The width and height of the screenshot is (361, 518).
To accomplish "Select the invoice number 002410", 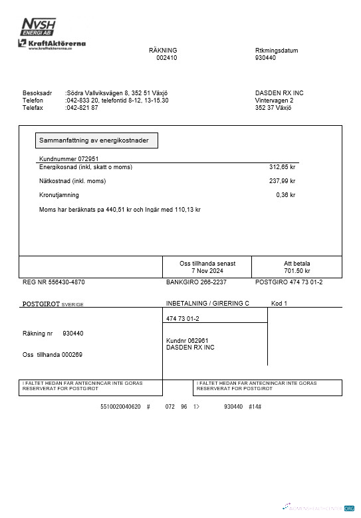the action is click(x=167, y=58).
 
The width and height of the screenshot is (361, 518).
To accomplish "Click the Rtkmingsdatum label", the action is click(x=277, y=51).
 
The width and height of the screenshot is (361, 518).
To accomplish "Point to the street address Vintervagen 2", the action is click(x=275, y=100).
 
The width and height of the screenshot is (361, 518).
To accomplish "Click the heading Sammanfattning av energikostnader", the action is click(x=96, y=140).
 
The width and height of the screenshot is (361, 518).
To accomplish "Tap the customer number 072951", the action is click(x=88, y=158).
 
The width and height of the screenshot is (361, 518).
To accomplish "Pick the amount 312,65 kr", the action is click(x=282, y=167).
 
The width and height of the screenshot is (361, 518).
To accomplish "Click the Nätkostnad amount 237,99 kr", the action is click(x=282, y=180).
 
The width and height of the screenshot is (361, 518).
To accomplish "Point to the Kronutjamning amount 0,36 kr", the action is click(x=285, y=195).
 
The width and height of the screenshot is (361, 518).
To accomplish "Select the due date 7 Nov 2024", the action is click(x=207, y=271).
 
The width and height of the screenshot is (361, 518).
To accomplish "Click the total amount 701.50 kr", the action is click(x=297, y=271).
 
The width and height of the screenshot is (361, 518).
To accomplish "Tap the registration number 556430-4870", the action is click(x=65, y=282).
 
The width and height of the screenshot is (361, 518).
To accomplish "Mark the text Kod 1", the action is click(x=279, y=303).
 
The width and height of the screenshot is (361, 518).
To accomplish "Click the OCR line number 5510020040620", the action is click(x=120, y=406).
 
